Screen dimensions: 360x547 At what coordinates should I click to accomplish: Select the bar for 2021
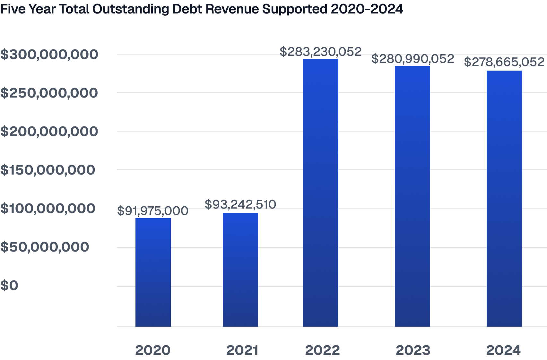click(240, 270)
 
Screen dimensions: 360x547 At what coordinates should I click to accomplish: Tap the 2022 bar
click(320, 193)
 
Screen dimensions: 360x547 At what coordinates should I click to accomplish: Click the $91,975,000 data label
click(152, 211)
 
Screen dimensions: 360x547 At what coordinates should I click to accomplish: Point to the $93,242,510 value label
click(240, 204)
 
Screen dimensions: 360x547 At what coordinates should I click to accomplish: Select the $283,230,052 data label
click(320, 52)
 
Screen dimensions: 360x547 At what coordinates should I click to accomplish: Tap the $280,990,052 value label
click(412, 59)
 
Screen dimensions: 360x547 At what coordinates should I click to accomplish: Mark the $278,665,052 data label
click(504, 62)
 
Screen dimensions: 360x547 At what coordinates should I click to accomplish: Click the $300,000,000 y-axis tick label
click(49, 55)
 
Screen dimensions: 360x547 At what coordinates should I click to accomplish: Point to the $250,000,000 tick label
click(49, 93)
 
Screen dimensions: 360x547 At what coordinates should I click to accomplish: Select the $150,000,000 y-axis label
click(48, 170)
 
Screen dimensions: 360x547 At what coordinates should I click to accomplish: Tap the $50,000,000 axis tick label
click(45, 247)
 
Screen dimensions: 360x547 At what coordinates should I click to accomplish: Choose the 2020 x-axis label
click(153, 350)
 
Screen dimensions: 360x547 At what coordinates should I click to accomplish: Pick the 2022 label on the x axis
click(322, 350)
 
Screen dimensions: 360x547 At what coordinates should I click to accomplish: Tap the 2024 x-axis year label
click(503, 350)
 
